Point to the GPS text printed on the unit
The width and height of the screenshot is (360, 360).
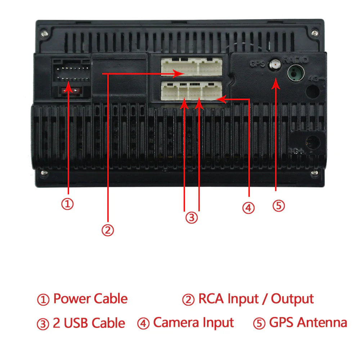(257, 64)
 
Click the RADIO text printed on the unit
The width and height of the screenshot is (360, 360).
(295, 60)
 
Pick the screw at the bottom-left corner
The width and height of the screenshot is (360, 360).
(44, 173)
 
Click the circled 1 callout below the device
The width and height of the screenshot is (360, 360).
(67, 204)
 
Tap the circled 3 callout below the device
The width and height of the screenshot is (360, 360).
(192, 218)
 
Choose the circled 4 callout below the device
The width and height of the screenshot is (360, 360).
(248, 208)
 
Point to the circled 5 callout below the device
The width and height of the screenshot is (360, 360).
(278, 206)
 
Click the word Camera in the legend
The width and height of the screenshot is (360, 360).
(175, 323)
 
